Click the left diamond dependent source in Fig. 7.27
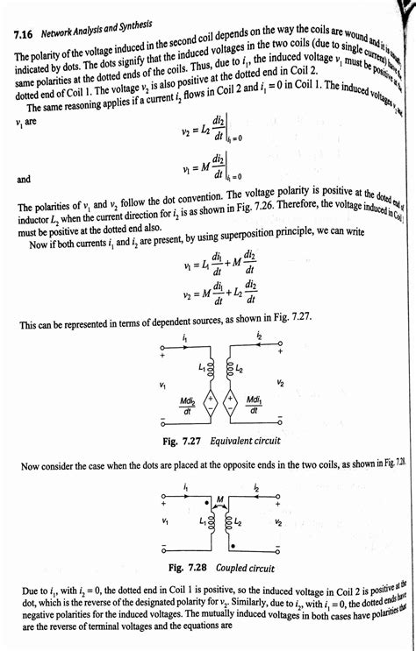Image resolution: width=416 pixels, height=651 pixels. (x=211, y=403)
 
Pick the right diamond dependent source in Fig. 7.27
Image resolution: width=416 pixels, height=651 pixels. (x=233, y=403)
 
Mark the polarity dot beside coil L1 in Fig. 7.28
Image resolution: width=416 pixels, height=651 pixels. (x=205, y=504)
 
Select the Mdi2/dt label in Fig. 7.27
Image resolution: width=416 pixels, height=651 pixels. (x=187, y=405)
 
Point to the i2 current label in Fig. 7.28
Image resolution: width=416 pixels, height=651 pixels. (x=256, y=489)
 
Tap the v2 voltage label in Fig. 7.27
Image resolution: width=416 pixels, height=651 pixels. (x=279, y=383)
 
